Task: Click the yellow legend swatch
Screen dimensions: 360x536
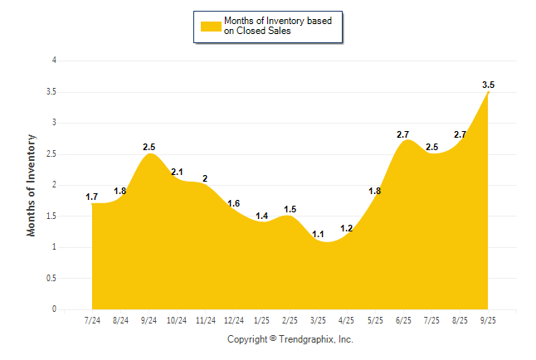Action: pyautogui.click(x=211, y=27)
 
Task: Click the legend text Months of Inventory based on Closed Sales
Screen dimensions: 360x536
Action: pyautogui.click(x=278, y=27)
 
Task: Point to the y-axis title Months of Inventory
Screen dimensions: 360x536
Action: pyautogui.click(x=32, y=185)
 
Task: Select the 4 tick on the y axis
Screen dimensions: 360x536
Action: pyautogui.click(x=54, y=61)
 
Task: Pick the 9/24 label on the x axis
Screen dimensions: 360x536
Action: pyautogui.click(x=149, y=320)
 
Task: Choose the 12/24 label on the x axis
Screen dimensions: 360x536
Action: pyautogui.click(x=234, y=320)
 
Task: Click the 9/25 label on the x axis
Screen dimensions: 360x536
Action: pyautogui.click(x=488, y=320)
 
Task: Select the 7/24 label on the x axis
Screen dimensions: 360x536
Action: pyautogui.click(x=93, y=320)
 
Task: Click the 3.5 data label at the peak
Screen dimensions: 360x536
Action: pyautogui.click(x=488, y=85)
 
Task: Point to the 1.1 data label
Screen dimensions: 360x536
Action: pyautogui.click(x=319, y=234)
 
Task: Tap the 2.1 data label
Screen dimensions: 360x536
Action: pyautogui.click(x=177, y=173)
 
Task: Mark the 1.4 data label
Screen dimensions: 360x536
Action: pyautogui.click(x=262, y=216)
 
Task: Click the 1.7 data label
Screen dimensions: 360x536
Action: pyautogui.click(x=92, y=197)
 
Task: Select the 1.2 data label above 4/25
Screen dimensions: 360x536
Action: pyautogui.click(x=347, y=228)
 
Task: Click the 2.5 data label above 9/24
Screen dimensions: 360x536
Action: pyautogui.click(x=149, y=147)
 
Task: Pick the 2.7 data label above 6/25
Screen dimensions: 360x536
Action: pyautogui.click(x=403, y=134)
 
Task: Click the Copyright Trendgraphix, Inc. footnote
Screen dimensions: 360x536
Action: pyautogui.click(x=290, y=339)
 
